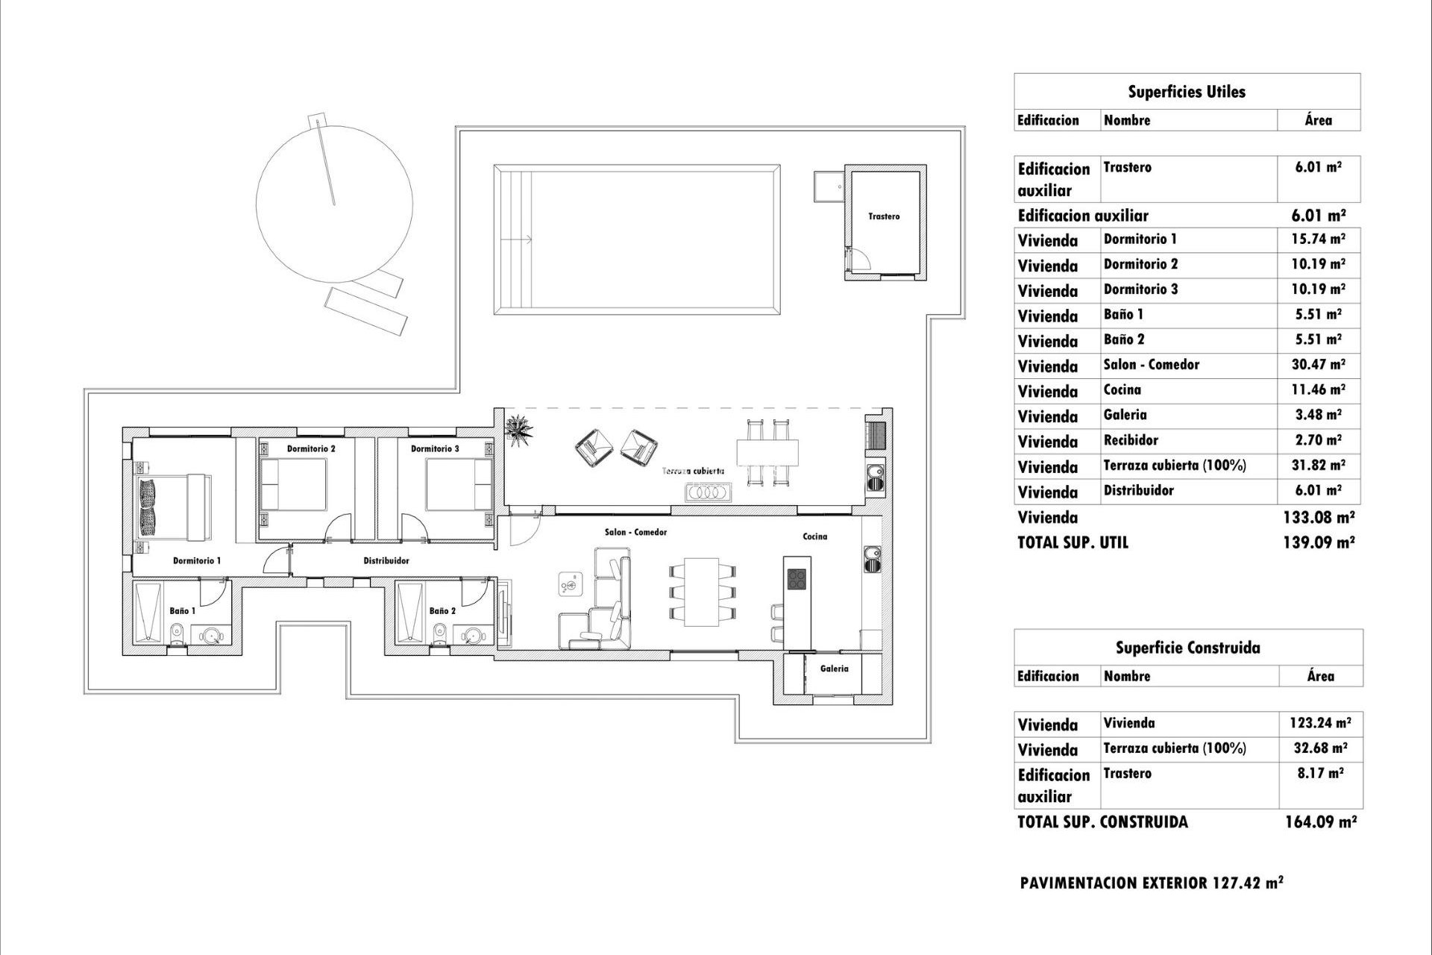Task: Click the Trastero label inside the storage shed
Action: (x=884, y=216)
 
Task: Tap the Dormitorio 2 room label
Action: (x=311, y=448)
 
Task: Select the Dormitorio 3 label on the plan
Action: (x=435, y=448)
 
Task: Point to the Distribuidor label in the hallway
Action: (x=386, y=560)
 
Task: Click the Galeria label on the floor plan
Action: (x=834, y=668)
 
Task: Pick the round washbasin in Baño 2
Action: (x=473, y=636)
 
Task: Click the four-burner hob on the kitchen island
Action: (x=797, y=579)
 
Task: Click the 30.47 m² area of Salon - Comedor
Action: (x=1319, y=365)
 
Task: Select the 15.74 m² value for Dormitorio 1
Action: (x=1319, y=239)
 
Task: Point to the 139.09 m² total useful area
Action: (x=1319, y=542)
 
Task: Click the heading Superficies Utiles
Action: (x=1186, y=92)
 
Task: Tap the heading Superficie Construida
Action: (x=1187, y=648)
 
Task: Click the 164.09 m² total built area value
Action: (x=1320, y=822)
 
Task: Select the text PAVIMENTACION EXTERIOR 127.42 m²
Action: (x=1152, y=883)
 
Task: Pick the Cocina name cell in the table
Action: (x=1122, y=389)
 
